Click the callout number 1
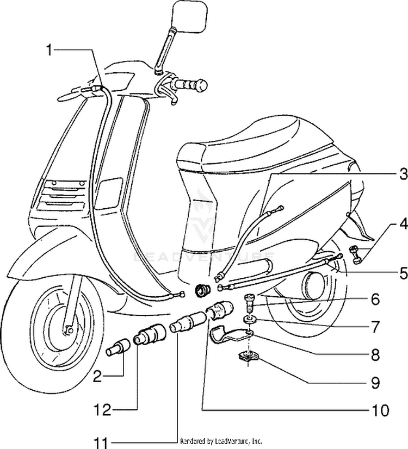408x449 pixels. pyautogui.click(x=50, y=51)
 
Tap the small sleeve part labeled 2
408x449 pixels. pyautogui.click(x=119, y=346)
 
